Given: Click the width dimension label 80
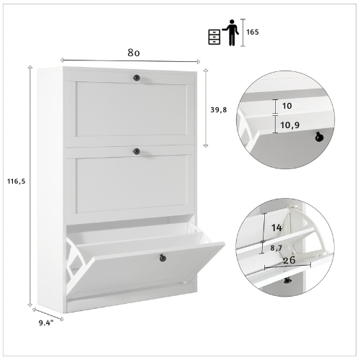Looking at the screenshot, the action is (x=133, y=53).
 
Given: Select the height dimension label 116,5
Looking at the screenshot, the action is (x=16, y=181).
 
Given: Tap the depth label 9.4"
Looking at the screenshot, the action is (x=46, y=323).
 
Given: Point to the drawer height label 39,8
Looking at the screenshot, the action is (x=218, y=110).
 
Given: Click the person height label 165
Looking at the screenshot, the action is (x=253, y=32).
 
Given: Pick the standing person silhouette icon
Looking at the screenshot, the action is (x=230, y=32).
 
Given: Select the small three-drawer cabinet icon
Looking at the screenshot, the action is (x=214, y=37).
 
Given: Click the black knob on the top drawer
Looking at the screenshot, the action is (x=136, y=78).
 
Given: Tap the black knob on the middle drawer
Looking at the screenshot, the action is (x=136, y=151).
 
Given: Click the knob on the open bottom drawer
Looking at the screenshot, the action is (x=163, y=258).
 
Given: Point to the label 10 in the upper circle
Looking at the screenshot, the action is (x=287, y=106).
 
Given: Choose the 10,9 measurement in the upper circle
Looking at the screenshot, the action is (x=290, y=125).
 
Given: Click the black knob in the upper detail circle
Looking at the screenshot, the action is (x=319, y=137).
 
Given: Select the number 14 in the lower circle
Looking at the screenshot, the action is (x=276, y=228).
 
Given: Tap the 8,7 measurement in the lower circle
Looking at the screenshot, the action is (x=276, y=248).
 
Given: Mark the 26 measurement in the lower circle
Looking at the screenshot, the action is (x=289, y=260).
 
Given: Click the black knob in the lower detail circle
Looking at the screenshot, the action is (x=287, y=280).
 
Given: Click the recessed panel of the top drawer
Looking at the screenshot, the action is (x=132, y=109).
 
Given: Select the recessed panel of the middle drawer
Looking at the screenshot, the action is (x=132, y=184).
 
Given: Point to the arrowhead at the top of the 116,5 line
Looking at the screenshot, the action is (x=30, y=66).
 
